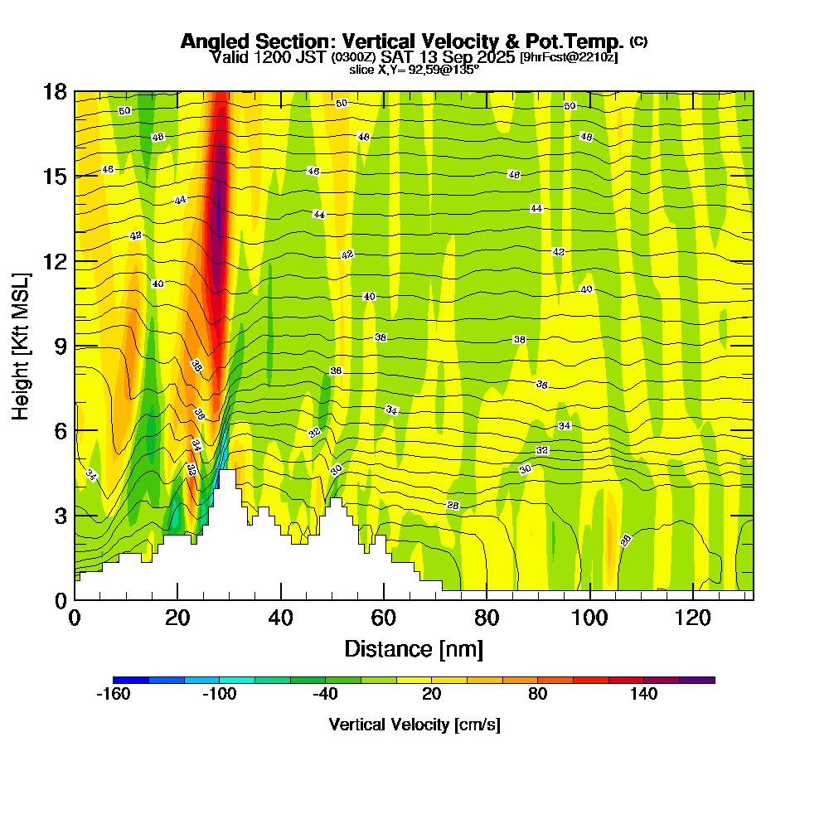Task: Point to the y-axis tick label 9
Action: pos(60,346)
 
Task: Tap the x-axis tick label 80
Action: pos(487,618)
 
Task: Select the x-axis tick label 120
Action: pos(693,618)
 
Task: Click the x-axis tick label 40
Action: pos(281,618)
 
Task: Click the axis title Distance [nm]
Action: pos(414,648)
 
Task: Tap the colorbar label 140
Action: pos(643,695)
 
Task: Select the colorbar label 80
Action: pos(537,695)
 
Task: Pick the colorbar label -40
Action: pos(325,695)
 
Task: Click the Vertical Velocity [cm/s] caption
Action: pos(414,725)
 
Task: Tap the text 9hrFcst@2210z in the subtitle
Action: pos(568,57)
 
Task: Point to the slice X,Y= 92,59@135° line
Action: pos(414,69)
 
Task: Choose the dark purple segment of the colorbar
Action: pos(696,680)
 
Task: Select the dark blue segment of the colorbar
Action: pos(131,680)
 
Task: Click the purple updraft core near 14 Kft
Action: pos(218,207)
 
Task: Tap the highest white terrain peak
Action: pos(227,474)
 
